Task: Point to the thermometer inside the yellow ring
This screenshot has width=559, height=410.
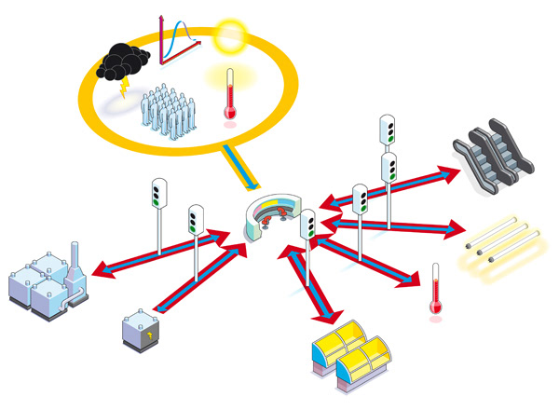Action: (229, 97)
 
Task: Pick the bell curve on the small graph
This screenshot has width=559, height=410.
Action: (186, 37)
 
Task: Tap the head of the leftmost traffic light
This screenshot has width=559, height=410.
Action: (158, 193)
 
